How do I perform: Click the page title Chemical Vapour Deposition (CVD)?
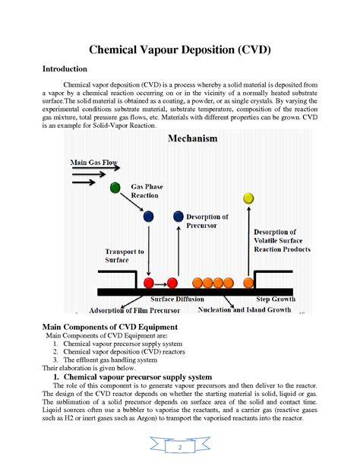pos(180,50)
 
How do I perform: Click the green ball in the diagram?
pos(115,187)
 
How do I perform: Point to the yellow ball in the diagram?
pos(248,198)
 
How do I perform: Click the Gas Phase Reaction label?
pos(147,190)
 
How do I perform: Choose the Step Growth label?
pos(275,300)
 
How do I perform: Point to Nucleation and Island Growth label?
pos(244,310)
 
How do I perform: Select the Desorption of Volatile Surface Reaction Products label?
pos(280,240)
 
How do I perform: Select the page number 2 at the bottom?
pos(180,449)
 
